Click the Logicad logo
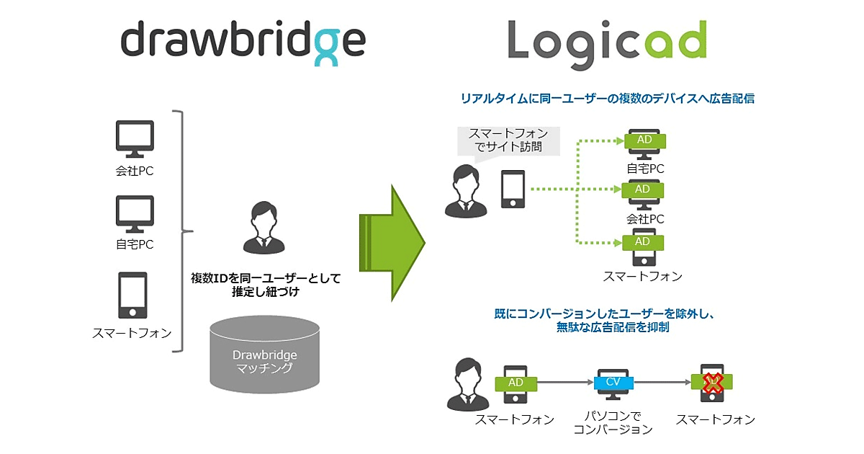[x=606, y=40]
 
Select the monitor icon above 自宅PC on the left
[x=135, y=213]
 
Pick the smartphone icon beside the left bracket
[x=132, y=296]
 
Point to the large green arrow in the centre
[x=392, y=243]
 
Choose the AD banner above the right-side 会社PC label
[x=642, y=190]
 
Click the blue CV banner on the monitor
[x=613, y=382]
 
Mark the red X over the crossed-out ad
[x=712, y=383]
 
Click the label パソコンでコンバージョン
[x=613, y=423]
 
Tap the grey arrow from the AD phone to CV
[x=564, y=383]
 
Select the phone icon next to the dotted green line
[x=513, y=190]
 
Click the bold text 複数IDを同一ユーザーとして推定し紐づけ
[x=265, y=285]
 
